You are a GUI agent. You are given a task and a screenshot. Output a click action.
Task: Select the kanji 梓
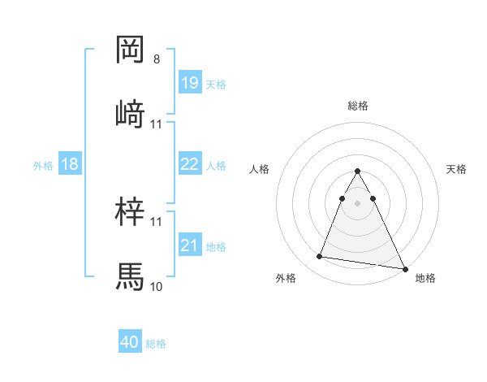tap(130, 212)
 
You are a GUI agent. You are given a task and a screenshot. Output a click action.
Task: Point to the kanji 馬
tap(130, 276)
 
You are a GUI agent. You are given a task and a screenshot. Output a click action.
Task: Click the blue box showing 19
tap(190, 83)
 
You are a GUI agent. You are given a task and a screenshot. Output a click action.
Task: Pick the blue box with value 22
tap(190, 164)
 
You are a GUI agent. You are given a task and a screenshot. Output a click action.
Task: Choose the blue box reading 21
tap(190, 245)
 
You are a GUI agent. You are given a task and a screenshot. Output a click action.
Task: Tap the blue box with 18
tap(70, 164)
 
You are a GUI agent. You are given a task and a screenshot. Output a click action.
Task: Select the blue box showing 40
tap(130, 343)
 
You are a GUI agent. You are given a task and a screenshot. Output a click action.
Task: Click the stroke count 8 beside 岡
tap(157, 59)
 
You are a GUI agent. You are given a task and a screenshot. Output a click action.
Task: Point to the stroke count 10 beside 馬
tap(157, 286)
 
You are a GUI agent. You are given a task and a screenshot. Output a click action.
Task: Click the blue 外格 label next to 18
tap(43, 165)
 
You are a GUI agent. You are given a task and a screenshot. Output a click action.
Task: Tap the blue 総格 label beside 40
tap(156, 344)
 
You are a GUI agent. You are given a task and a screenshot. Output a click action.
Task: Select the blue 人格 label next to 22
tap(216, 165)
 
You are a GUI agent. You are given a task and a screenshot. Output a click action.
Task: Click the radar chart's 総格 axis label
tap(358, 106)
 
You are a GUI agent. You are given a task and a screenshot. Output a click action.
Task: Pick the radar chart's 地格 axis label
tap(425, 278)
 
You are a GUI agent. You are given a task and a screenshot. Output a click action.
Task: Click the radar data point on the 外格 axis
tap(320, 257)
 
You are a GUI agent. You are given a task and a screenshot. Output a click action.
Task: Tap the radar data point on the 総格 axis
tap(358, 171)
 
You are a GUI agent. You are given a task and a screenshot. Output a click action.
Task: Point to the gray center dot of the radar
tap(358, 200)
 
